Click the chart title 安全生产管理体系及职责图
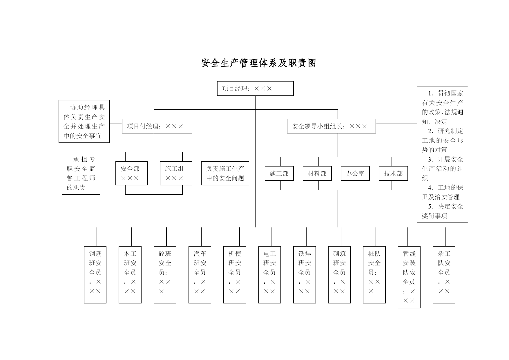tap(258, 63)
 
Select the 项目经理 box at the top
tap(255, 88)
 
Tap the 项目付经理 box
tap(157, 126)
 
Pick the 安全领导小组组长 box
tap(331, 126)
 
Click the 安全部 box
tap(131, 173)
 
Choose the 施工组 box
tap(176, 173)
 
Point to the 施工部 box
tap(279, 173)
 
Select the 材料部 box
tap(317, 173)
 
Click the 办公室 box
tap(355, 173)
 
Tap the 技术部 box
tap(393, 173)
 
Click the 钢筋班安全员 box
tap(95, 275)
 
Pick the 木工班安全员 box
tap(130, 275)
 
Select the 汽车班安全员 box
tap(200, 275)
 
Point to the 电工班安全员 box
tap(269, 275)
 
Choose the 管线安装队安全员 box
tap(409, 277)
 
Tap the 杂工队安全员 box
tap(444, 275)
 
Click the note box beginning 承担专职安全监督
tap(81, 173)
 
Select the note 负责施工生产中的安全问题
tap(225, 173)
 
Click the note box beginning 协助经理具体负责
tap(84, 122)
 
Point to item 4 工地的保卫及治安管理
tap(443, 192)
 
